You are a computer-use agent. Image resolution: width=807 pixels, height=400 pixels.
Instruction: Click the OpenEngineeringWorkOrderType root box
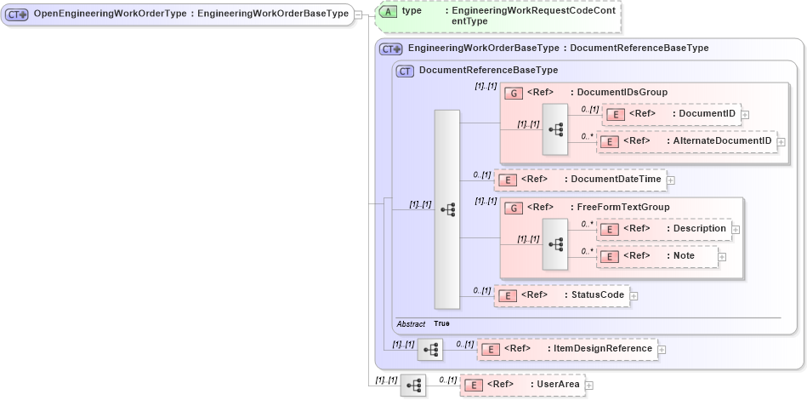click(177, 14)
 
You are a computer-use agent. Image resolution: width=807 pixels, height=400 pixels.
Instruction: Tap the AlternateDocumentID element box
click(687, 141)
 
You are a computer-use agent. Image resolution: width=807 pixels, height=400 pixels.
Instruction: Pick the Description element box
click(664, 229)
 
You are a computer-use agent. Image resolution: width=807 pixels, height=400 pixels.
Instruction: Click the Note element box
click(656, 256)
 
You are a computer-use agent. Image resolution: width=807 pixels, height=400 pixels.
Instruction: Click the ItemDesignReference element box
click(566, 348)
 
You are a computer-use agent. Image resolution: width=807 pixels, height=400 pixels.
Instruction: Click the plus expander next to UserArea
click(588, 386)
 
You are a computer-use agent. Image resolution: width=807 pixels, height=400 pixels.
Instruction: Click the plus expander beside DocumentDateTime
click(670, 180)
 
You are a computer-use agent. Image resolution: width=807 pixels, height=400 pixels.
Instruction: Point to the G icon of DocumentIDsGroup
click(513, 93)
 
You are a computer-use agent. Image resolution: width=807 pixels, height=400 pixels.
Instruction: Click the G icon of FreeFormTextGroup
click(513, 207)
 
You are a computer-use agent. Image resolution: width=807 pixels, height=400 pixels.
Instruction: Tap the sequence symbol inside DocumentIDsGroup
click(555, 129)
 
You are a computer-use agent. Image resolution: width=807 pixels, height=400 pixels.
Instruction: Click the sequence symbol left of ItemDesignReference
click(431, 349)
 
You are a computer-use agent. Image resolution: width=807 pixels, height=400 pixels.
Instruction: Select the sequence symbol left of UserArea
click(413, 386)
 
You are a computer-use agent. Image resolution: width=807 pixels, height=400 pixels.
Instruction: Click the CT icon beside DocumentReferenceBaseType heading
click(406, 71)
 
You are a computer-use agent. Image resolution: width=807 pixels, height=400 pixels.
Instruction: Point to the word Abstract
click(411, 324)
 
